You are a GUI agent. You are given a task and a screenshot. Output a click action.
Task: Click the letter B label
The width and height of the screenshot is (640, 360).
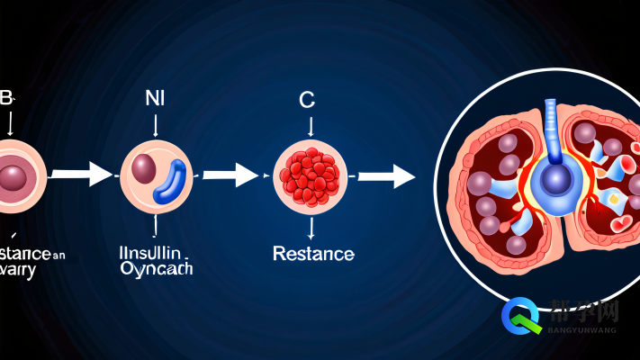(x=6, y=100)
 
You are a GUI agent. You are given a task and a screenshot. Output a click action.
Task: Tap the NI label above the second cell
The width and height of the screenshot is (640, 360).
(x=156, y=99)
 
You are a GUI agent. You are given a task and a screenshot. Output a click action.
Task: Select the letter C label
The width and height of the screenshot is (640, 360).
(x=308, y=101)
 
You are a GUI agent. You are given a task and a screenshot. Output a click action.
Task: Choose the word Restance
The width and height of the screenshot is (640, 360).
(x=312, y=254)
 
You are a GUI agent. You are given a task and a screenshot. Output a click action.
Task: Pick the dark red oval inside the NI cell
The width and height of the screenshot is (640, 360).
(x=144, y=167)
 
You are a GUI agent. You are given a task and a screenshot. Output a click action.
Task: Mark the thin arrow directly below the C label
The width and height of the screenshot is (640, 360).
(x=309, y=126)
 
